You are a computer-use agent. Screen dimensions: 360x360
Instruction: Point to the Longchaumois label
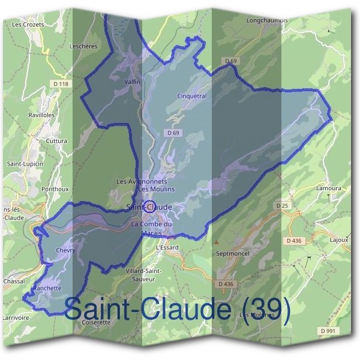click(x=268, y=20)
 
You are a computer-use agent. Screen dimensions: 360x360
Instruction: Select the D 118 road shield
click(x=61, y=85)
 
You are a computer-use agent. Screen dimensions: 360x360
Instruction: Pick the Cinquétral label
click(x=192, y=95)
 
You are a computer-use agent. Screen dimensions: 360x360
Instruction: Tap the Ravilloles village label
click(x=41, y=115)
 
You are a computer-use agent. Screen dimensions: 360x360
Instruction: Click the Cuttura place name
click(x=58, y=141)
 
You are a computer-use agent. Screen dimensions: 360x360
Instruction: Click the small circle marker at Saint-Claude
click(x=150, y=206)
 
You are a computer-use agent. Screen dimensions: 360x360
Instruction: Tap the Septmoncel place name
click(x=232, y=253)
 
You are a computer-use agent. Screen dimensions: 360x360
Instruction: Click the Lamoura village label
click(x=328, y=188)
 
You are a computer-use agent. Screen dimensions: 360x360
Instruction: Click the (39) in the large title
click(x=264, y=310)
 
